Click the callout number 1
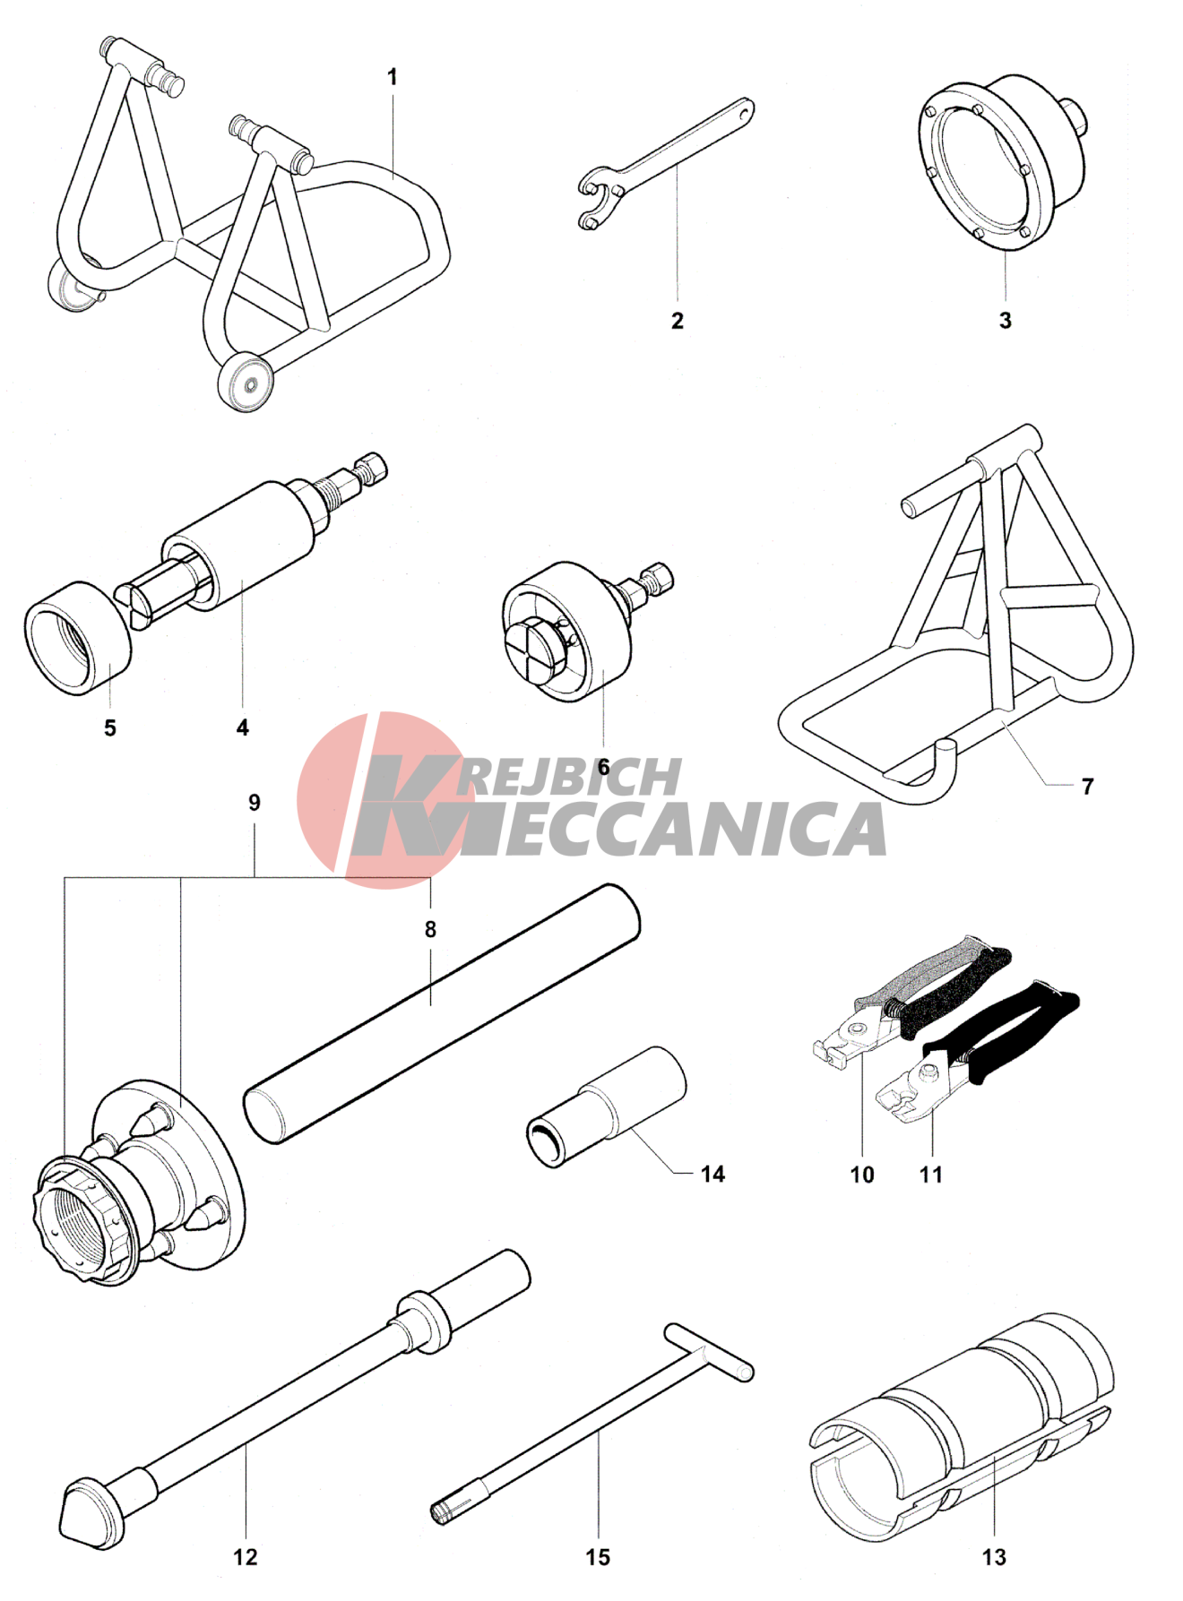point(392,78)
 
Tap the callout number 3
point(1006,320)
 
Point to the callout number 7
point(1087,787)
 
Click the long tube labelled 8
point(442,1013)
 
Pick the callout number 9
point(255,803)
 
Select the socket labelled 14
point(607,1107)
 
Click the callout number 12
point(245,1557)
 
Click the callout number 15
point(598,1557)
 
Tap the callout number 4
point(242,727)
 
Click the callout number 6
point(603,767)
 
